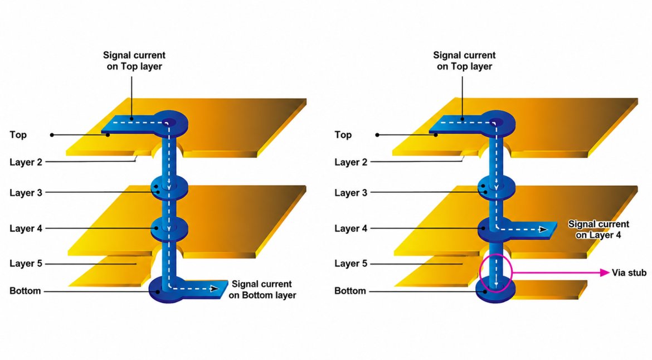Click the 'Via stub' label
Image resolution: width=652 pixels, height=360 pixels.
[629, 273]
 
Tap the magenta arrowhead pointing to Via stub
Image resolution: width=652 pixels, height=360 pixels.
[605, 273]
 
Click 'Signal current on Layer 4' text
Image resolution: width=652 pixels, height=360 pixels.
[599, 230]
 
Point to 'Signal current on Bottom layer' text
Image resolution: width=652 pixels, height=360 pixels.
[262, 289]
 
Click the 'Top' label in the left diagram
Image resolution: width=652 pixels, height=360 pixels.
[18, 135]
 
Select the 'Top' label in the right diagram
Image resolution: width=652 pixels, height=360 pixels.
[343, 135]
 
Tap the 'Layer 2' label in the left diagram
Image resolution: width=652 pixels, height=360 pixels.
[26, 162]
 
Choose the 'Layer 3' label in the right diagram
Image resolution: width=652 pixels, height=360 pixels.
[351, 193]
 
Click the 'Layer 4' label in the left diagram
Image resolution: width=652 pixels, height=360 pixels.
[26, 228]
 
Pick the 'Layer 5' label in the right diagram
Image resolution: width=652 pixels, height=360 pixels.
[351, 264]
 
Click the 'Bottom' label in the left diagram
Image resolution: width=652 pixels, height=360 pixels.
[25, 290]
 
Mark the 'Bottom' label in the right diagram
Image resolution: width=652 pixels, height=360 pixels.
[350, 290]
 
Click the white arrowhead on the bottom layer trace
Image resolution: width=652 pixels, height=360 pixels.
[215, 289]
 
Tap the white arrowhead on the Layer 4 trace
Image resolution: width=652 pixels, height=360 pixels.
[543, 229]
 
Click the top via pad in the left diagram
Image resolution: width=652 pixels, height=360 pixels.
[171, 124]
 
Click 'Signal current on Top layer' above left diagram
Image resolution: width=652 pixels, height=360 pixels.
[134, 61]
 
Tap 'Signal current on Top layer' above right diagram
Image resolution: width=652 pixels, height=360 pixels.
[464, 61]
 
